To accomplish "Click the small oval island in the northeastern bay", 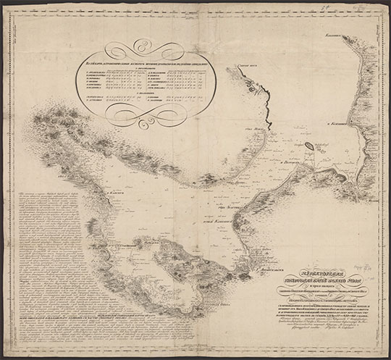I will (309, 146).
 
